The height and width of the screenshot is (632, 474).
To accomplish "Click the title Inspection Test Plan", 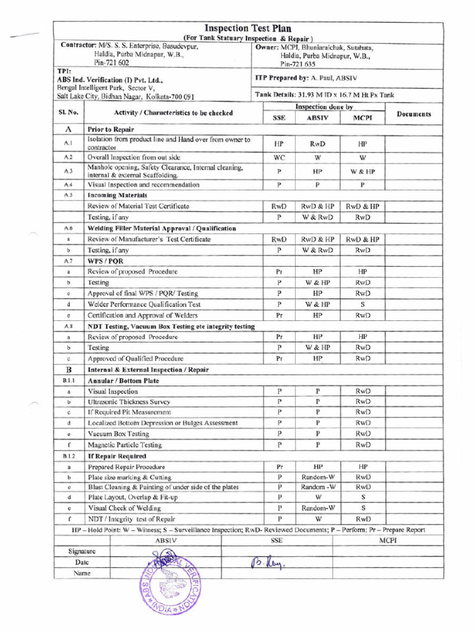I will tap(247, 28).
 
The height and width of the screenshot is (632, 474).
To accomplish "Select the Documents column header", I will tap(414, 114).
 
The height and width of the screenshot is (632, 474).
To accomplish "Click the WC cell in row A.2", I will tap(279, 157).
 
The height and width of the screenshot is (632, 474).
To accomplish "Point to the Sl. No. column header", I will tap(68, 112).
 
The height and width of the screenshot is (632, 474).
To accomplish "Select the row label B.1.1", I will tap(68, 381).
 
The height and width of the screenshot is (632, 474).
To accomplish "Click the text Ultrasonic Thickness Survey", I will tap(129, 402).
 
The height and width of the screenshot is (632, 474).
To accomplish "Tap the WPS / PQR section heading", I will tap(106, 261).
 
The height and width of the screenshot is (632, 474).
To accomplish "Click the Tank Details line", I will tap(325, 95).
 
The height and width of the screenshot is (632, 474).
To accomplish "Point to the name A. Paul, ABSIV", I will tap(336, 78).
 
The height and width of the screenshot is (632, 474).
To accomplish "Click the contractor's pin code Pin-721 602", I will tap(112, 63).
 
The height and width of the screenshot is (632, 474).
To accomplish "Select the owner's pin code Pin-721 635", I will tap(297, 64).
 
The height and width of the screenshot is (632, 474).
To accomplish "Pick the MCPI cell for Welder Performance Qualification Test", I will tap(363, 304).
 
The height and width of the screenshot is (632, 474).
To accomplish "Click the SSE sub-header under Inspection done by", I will tap(279, 118).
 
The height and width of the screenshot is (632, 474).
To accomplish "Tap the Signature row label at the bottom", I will tap(81, 551).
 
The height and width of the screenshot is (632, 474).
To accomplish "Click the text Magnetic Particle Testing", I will tap(125, 444).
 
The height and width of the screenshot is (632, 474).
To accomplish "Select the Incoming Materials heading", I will tap(117, 195).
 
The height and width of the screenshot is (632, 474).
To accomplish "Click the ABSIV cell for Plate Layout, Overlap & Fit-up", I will tap(318, 497).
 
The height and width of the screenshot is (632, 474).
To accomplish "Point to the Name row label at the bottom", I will tap(81, 573).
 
